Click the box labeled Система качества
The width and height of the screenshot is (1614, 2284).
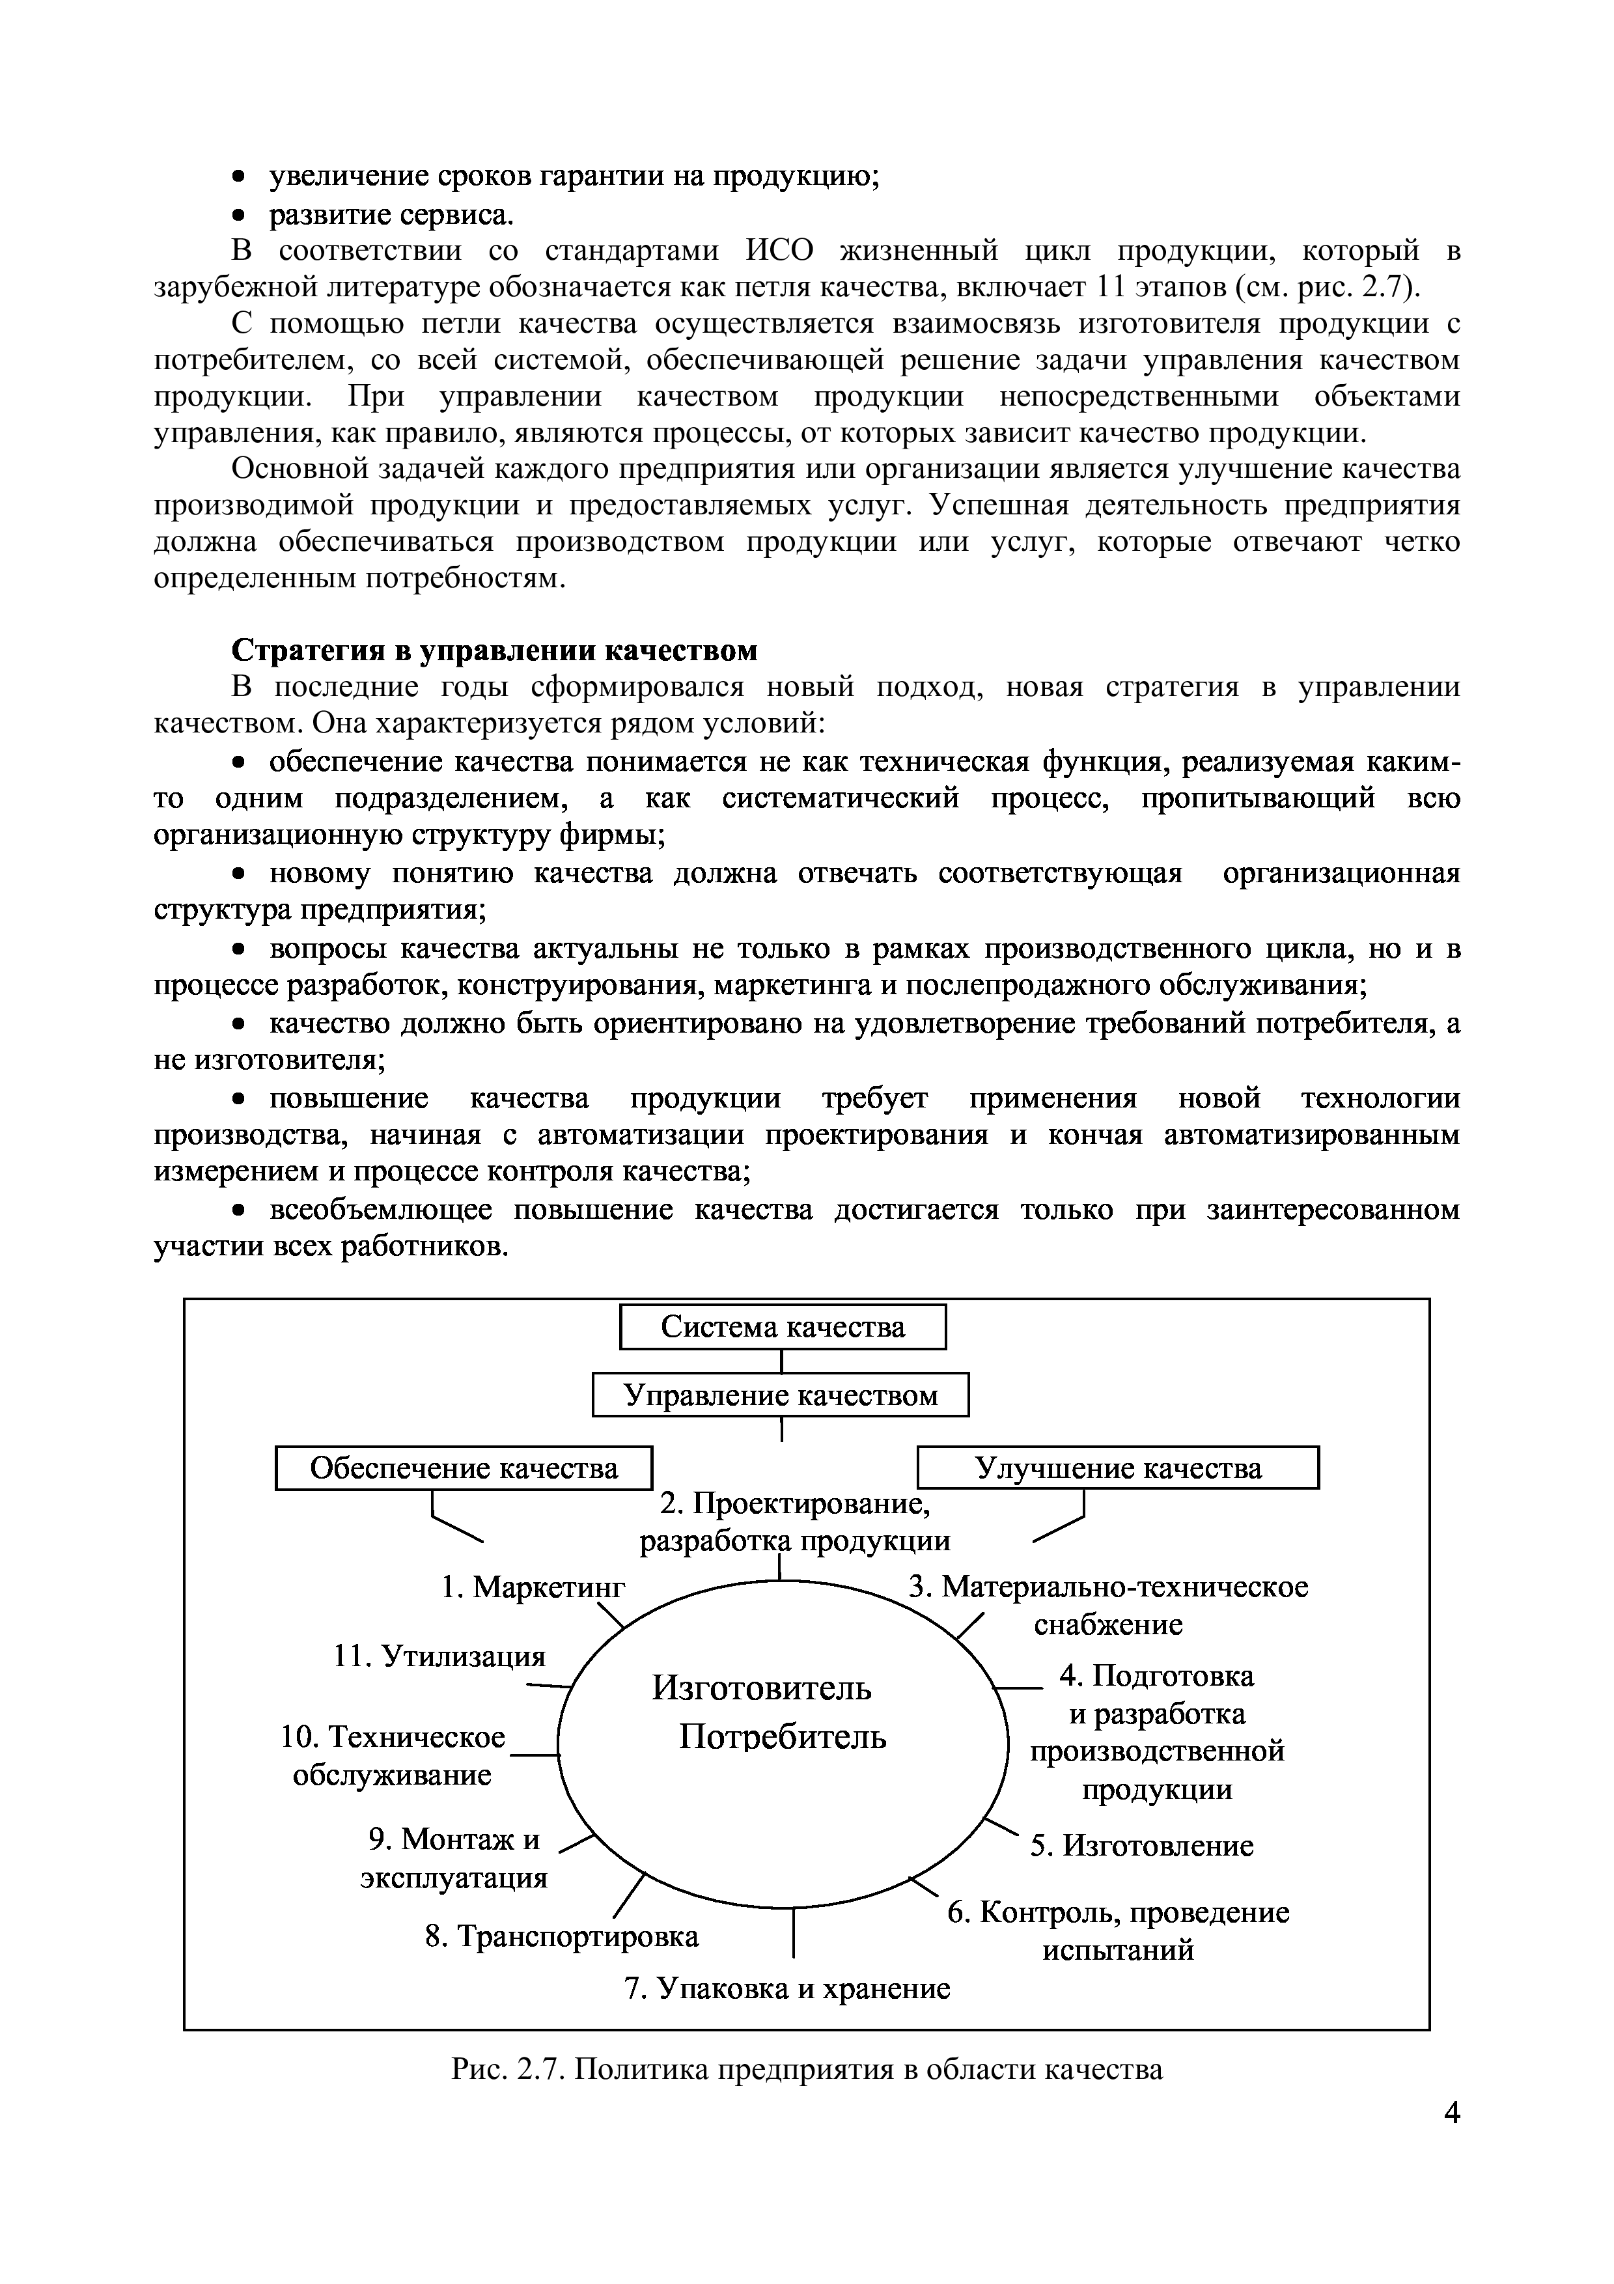(x=783, y=1327)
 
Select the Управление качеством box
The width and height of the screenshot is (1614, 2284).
(x=781, y=1395)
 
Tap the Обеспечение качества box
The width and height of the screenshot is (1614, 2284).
(x=464, y=1468)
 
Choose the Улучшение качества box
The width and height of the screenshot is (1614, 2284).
(x=1118, y=1468)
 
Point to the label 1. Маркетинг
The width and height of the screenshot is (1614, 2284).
(x=533, y=1585)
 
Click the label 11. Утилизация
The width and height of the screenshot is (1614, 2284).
(x=439, y=1655)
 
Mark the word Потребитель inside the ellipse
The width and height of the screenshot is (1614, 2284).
(x=783, y=1737)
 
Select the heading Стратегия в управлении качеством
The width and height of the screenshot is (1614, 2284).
(x=494, y=650)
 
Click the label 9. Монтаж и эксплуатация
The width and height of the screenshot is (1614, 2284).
(x=454, y=1858)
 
